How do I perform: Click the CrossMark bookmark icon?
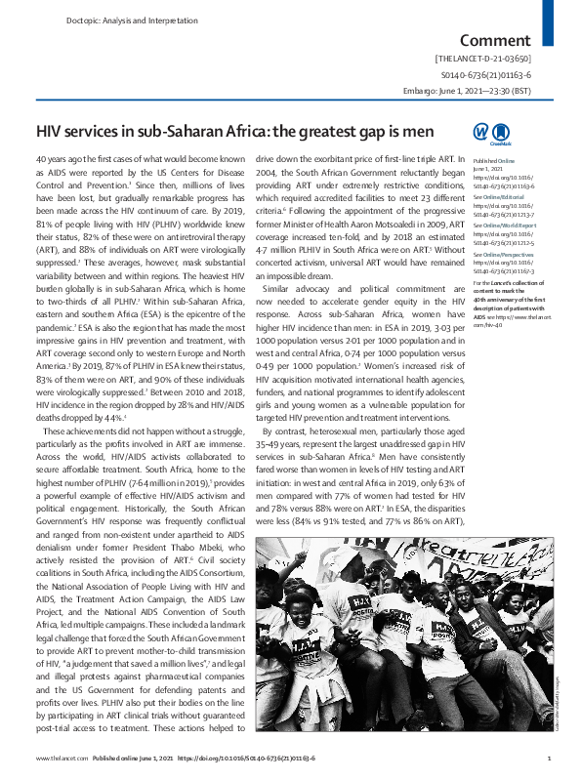click(501, 132)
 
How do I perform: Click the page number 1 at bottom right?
click(550, 758)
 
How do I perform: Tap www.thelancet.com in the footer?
click(57, 758)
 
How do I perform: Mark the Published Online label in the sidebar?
click(493, 159)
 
